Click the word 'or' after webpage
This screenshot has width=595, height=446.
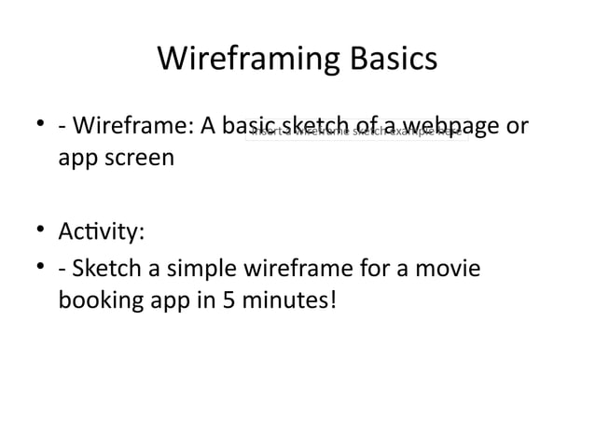(x=519, y=123)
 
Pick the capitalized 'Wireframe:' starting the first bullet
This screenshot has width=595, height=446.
(x=130, y=123)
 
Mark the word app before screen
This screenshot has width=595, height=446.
(x=76, y=158)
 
